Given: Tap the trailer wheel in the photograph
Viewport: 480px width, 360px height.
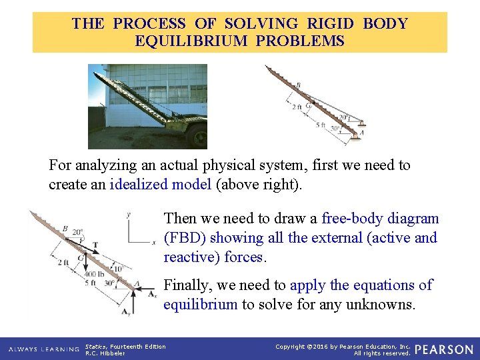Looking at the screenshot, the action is pyautogui.click(x=197, y=136).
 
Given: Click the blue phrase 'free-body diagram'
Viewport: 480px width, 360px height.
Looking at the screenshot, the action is pyautogui.click(x=380, y=218).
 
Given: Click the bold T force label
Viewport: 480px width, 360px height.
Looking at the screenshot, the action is pyautogui.click(x=95, y=245).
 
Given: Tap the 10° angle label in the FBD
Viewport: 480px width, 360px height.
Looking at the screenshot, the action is pyautogui.click(x=118, y=269).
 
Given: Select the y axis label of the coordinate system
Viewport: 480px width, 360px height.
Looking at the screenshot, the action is pyautogui.click(x=128, y=215).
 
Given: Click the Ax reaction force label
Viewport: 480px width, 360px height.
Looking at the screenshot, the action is pyautogui.click(x=152, y=293).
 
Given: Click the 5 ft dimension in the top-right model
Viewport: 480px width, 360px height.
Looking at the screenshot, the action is pyautogui.click(x=321, y=124).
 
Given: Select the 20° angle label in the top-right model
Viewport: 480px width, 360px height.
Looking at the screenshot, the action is pyautogui.click(x=343, y=117).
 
